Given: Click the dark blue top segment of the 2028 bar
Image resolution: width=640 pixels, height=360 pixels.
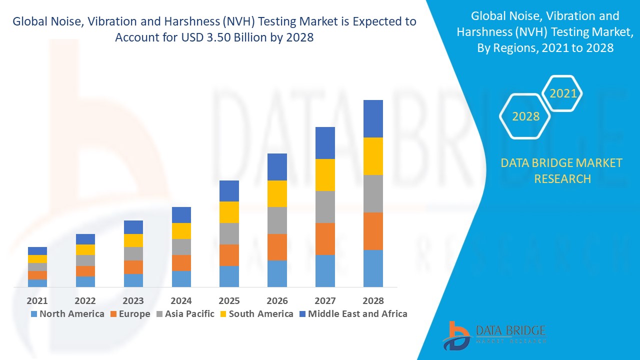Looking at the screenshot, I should (x=373, y=118).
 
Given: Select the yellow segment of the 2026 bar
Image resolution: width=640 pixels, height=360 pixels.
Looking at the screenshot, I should (x=277, y=193).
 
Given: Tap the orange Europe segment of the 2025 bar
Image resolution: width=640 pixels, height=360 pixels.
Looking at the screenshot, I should (x=229, y=255).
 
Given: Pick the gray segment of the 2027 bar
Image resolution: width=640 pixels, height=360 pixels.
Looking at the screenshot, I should (x=325, y=206).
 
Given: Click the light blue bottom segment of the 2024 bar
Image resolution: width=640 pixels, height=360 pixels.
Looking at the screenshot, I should (x=181, y=278).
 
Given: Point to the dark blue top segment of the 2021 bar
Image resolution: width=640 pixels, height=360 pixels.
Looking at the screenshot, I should (x=37, y=250).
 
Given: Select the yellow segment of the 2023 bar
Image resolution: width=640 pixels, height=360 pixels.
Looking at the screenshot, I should (x=133, y=240).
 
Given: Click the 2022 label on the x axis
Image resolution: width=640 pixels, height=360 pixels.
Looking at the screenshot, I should (x=85, y=301).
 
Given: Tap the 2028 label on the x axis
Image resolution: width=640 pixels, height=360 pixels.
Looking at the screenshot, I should (x=373, y=301).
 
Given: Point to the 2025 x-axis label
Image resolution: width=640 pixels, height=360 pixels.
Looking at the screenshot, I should (x=229, y=301).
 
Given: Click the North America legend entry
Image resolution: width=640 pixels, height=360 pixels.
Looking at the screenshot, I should (x=67, y=314).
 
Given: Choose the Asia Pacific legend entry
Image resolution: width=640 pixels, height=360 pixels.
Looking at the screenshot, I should (x=185, y=314).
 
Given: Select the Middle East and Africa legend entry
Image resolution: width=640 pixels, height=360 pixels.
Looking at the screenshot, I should (x=353, y=314).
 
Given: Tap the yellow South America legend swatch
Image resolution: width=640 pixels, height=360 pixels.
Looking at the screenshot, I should (x=223, y=314).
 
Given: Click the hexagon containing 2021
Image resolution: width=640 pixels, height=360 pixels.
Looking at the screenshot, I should (x=562, y=93).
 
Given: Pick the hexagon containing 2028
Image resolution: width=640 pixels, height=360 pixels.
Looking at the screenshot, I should (x=525, y=116).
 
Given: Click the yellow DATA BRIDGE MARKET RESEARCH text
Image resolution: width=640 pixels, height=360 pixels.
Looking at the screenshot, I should (x=561, y=170).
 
